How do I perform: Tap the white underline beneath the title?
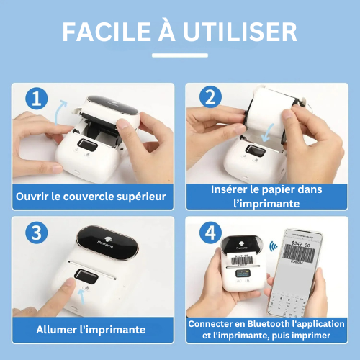180,55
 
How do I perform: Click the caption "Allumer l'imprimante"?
91,329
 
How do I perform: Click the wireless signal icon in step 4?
272,246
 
